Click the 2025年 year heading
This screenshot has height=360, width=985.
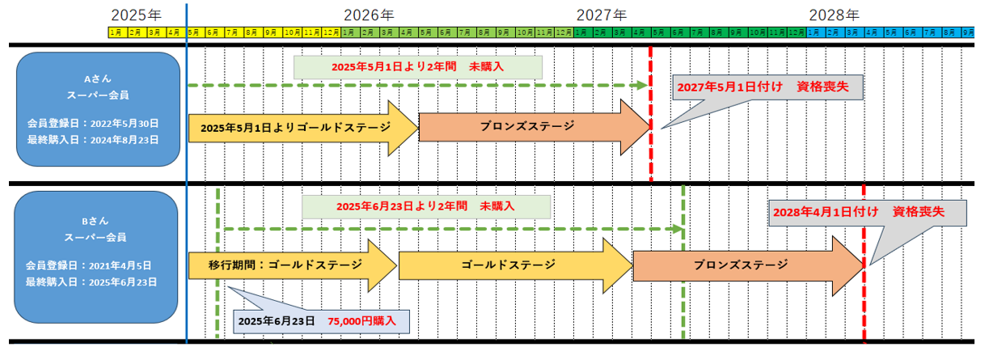(x=136, y=15)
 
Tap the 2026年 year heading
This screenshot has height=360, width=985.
(x=369, y=15)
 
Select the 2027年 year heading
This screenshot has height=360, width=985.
(x=602, y=15)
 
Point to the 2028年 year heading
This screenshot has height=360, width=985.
(x=834, y=15)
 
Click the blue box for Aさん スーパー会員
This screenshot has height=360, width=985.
(x=97, y=109)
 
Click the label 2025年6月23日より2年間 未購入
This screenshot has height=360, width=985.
(x=426, y=206)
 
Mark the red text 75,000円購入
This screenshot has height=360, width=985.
(x=361, y=321)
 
